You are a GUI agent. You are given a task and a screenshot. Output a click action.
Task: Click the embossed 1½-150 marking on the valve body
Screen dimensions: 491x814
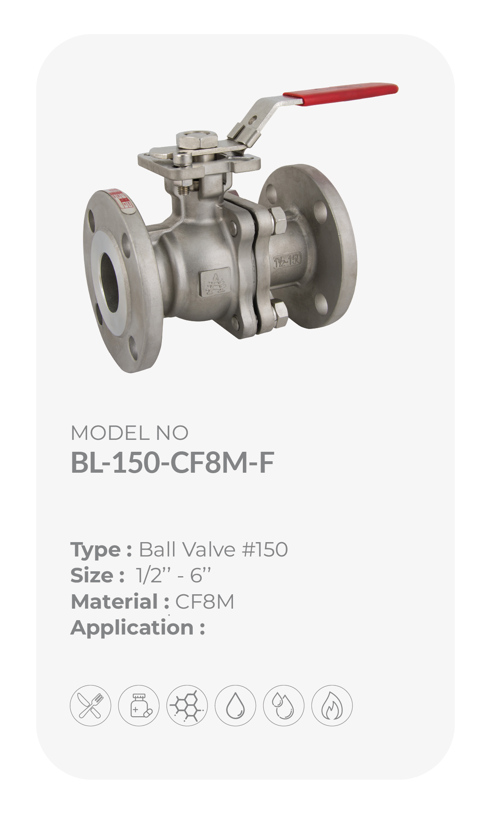click(288, 260)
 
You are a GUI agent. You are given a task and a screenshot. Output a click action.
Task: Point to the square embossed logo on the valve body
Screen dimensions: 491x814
click(213, 283)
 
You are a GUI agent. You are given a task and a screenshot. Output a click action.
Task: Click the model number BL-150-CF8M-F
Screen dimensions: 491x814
click(172, 463)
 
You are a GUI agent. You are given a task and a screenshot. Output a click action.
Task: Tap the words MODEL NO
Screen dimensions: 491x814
click(129, 433)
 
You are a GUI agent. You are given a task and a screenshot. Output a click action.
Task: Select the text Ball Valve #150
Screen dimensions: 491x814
click(213, 549)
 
